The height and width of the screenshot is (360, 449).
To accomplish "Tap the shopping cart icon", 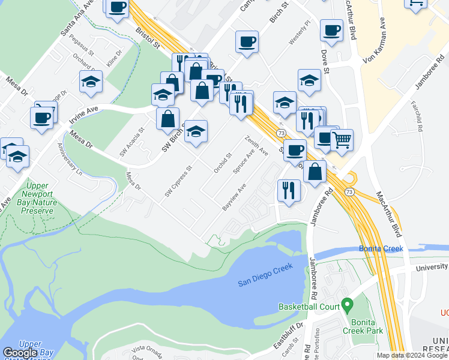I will (x=342, y=140).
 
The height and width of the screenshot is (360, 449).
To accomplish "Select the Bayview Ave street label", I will (x=234, y=196).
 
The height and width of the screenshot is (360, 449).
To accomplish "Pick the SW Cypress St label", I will (x=178, y=181).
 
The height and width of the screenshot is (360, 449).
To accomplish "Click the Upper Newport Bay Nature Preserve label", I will (x=38, y=198).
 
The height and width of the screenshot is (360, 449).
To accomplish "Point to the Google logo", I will (x=20, y=353).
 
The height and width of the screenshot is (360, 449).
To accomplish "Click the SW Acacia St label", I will (x=133, y=142).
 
